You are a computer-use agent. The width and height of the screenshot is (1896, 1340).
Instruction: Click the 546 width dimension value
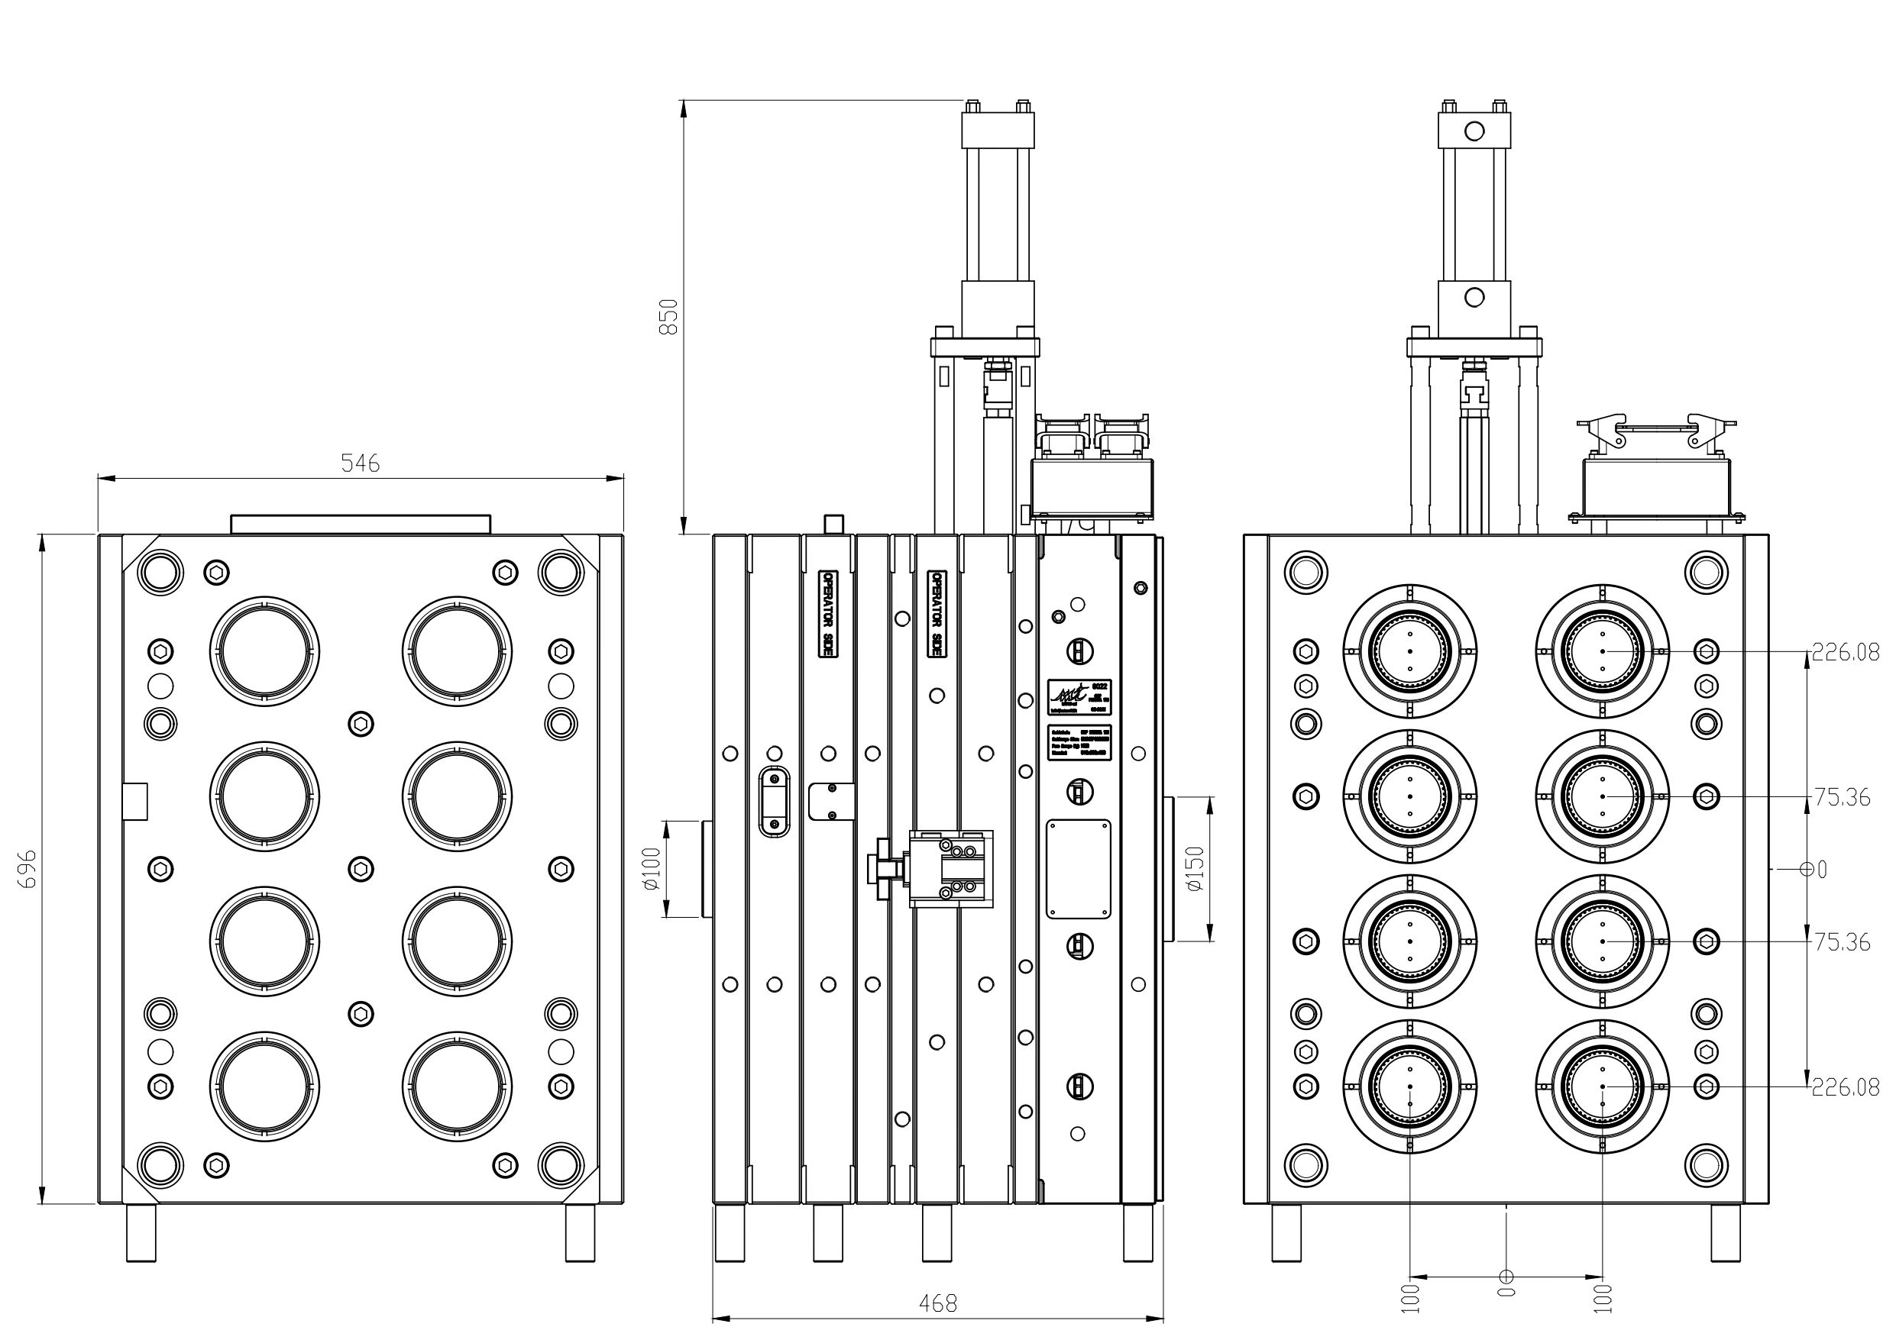coord(360,464)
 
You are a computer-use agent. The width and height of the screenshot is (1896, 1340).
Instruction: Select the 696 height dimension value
coord(28,870)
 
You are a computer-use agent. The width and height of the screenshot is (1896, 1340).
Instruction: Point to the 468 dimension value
coord(938,1303)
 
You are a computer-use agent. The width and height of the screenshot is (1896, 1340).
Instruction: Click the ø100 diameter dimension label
coord(652,869)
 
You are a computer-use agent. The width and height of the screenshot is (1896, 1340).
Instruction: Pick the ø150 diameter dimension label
coord(1194,869)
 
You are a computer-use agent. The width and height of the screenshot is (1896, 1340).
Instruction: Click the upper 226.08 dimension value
coord(1846,653)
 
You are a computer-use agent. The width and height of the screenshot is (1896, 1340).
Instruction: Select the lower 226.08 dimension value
coord(1846,1088)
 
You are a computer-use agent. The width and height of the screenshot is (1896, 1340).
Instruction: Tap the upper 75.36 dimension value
coord(1842,798)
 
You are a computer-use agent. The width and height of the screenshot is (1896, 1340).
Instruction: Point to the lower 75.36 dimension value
coord(1842,942)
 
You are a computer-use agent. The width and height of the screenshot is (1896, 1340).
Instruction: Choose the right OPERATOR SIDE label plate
coord(937,612)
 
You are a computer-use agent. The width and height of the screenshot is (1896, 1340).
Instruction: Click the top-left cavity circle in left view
coord(264,651)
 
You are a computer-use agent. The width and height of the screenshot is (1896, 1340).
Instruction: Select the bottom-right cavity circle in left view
coord(458,1087)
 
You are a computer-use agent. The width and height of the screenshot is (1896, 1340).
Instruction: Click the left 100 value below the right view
coord(1409,1298)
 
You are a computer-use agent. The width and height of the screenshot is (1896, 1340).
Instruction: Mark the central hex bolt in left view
coord(361,869)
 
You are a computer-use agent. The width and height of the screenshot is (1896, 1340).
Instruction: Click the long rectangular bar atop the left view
coord(360,525)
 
